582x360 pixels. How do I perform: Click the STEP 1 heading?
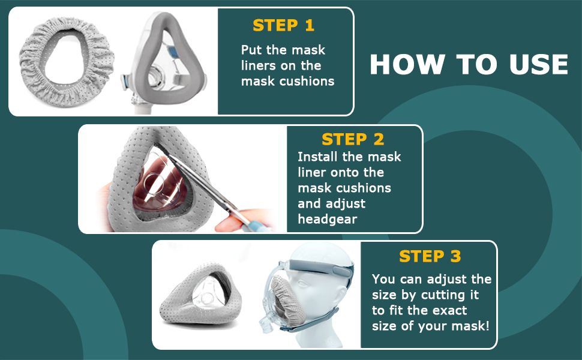[x=283, y=25]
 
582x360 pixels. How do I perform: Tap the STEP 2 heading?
[x=353, y=139]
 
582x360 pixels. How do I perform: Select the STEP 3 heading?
[x=430, y=256]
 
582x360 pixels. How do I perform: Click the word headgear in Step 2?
[x=327, y=219]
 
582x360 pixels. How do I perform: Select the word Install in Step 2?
[x=316, y=157]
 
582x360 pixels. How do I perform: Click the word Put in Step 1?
[x=252, y=50]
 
